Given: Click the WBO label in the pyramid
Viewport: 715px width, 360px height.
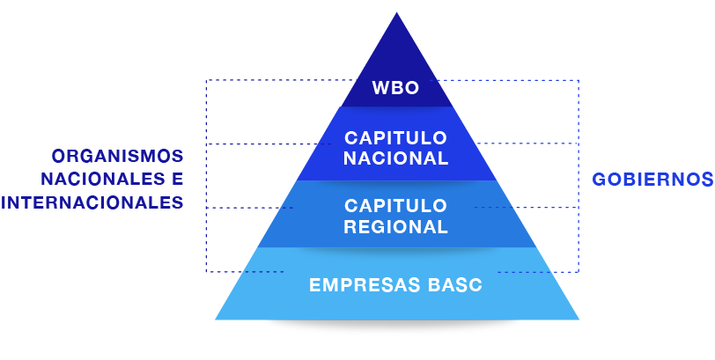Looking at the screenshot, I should click(x=395, y=88).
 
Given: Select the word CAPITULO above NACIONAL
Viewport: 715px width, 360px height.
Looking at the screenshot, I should click(x=395, y=138).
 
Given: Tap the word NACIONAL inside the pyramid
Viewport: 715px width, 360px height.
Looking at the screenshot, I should click(x=395, y=159).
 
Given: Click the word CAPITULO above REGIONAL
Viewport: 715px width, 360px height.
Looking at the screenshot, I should click(x=395, y=205).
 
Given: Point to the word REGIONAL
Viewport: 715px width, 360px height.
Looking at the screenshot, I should click(x=395, y=226).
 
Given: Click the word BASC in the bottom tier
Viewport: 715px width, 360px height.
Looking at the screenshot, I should click(x=454, y=285).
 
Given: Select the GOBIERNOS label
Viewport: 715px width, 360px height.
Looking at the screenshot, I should click(x=652, y=180).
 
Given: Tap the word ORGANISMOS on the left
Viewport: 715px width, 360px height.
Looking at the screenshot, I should click(x=117, y=157).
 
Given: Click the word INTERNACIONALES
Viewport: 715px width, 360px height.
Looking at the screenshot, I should click(x=92, y=202).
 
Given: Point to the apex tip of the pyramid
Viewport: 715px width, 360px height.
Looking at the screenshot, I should click(x=396, y=13).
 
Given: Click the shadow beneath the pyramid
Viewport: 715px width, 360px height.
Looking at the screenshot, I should click(x=397, y=329).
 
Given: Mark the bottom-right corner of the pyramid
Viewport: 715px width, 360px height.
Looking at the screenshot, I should click(x=578, y=318).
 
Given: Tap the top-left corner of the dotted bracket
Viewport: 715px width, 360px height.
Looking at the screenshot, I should click(x=206, y=81).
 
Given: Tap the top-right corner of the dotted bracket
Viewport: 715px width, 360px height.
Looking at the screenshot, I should click(x=579, y=81).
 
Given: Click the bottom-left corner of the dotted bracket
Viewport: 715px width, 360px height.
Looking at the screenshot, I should click(x=206, y=271).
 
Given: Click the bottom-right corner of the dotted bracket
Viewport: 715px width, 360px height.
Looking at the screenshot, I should click(x=579, y=271).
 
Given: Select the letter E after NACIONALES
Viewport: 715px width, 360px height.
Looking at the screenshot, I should click(x=177, y=180).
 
